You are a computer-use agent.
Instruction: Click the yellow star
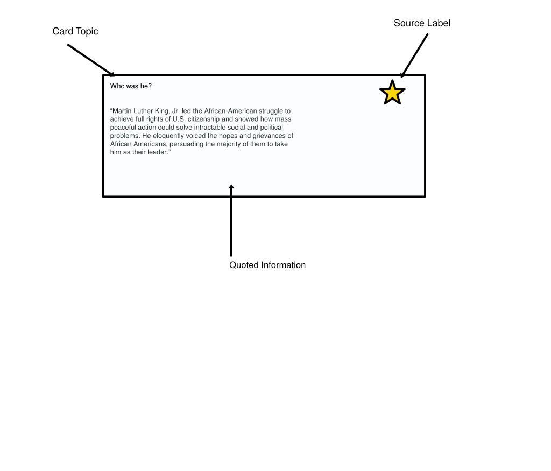(392, 93)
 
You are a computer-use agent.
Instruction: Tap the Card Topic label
(75, 31)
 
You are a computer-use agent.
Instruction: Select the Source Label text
(422, 23)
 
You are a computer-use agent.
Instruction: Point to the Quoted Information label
(267, 265)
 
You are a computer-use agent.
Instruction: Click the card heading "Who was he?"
(131, 86)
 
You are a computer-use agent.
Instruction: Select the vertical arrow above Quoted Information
(231, 221)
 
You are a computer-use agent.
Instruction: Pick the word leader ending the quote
(158, 152)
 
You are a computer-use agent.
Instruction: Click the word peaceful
(123, 128)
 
